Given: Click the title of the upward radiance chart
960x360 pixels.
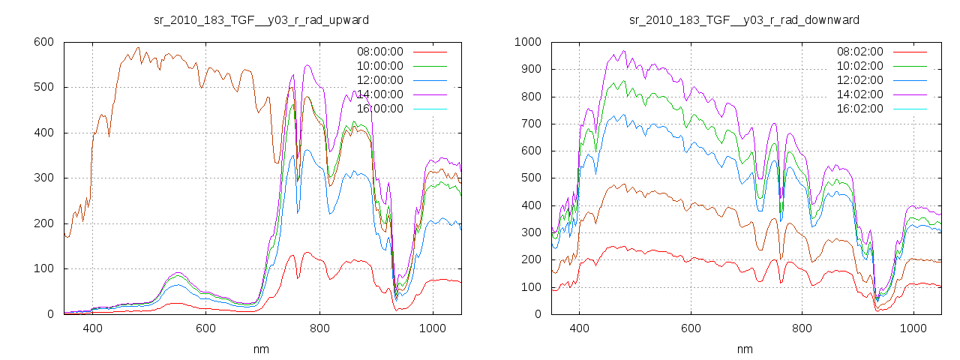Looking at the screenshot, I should (261, 19).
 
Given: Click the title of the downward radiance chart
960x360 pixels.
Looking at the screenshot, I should (744, 19).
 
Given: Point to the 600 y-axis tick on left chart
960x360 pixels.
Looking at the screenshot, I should (43, 42).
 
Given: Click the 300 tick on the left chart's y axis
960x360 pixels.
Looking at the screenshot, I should (43, 178).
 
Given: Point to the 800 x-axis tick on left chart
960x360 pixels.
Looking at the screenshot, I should (319, 328).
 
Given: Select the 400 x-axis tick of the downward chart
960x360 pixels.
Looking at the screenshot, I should (579, 328).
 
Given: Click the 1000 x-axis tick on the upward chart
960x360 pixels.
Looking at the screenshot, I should (433, 328).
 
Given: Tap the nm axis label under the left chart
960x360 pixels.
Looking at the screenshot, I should (261, 349).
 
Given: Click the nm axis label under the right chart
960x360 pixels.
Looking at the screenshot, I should (744, 349).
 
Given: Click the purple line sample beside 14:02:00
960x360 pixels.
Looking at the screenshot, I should (910, 94).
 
